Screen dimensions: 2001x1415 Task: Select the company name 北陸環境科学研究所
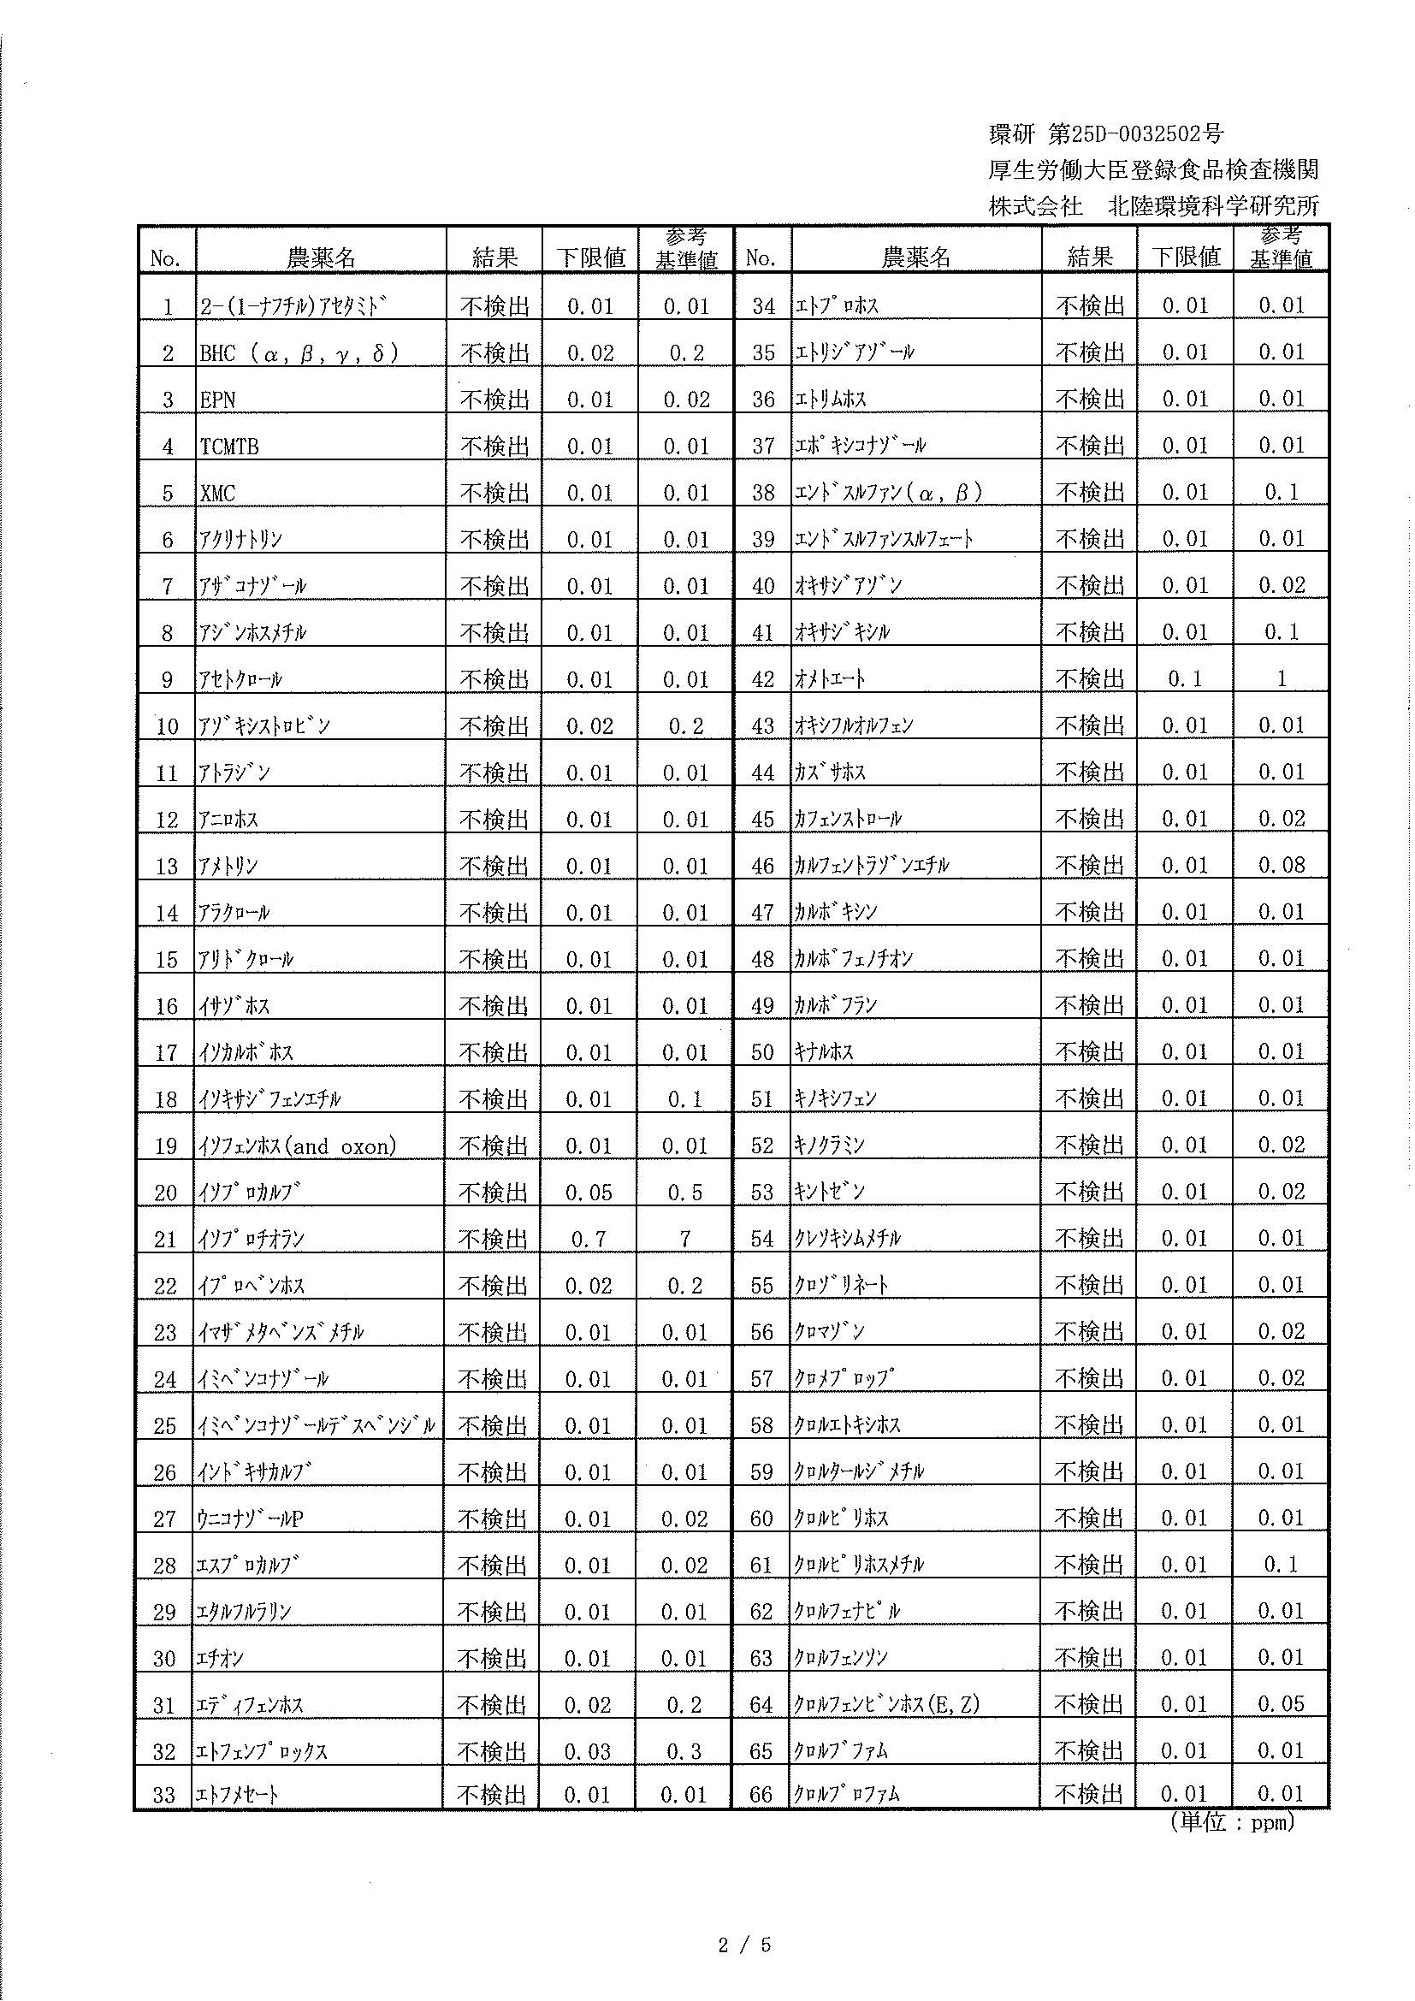[1213, 205]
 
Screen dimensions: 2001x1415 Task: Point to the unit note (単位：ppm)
[1231, 1823]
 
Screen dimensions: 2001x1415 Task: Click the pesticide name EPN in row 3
[218, 400]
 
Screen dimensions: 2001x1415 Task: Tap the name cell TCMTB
[229, 447]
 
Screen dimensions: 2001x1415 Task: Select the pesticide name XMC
[218, 494]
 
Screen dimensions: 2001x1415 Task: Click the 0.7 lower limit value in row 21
[588, 1240]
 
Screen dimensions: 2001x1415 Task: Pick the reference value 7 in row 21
[685, 1240]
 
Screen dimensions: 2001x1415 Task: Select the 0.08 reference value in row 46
[1281, 866]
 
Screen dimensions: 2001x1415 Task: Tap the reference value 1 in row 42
[1281, 679]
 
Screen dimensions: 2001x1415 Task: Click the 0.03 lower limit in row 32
[588, 1752]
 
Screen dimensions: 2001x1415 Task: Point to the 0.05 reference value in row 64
[1281, 1705]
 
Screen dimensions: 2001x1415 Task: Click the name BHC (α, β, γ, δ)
[299, 353]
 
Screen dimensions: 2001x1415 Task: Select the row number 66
[761, 1796]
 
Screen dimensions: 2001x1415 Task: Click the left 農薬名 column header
[321, 258]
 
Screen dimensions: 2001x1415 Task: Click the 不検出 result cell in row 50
[1089, 1052]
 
